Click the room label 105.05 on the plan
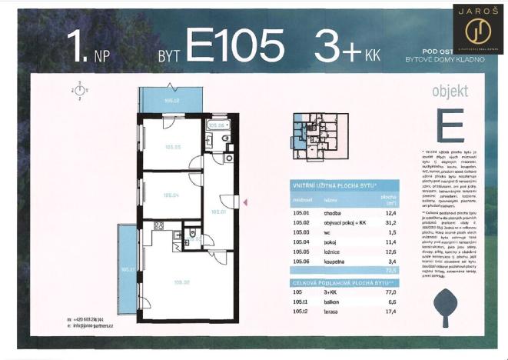click(x=171, y=147)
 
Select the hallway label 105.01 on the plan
click(x=218, y=212)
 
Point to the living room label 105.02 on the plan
click(x=181, y=283)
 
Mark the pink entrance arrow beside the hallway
click(x=245, y=202)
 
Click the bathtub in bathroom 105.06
click(x=217, y=125)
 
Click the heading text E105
click(x=234, y=47)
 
